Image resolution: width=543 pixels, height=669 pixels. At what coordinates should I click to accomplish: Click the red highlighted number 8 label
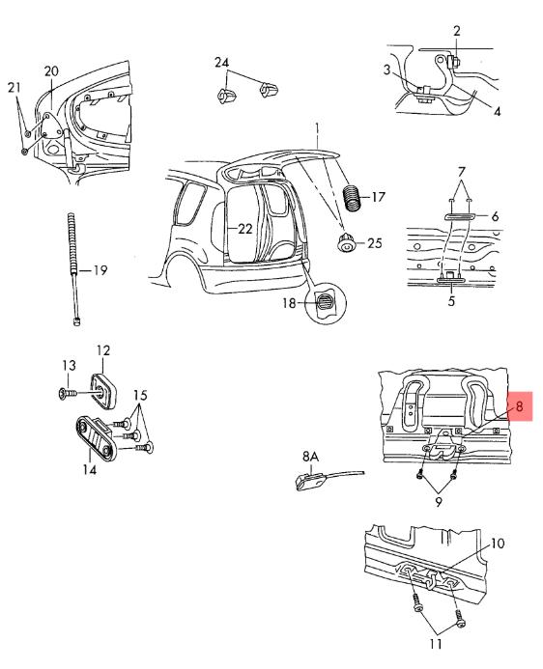[520, 405]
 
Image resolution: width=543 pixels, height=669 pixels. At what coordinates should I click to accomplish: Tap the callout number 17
[378, 197]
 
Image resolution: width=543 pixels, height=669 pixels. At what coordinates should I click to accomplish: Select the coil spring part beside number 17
[352, 198]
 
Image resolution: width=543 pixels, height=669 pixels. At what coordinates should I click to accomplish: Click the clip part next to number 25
[346, 242]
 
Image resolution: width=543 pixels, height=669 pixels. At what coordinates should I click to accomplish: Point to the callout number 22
[245, 229]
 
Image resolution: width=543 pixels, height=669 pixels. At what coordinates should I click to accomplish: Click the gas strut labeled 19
[73, 269]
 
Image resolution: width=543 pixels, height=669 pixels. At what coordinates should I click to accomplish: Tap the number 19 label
[100, 270]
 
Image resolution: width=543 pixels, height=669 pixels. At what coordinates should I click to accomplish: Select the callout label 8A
[311, 457]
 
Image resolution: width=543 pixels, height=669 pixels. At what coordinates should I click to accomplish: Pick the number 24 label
[221, 63]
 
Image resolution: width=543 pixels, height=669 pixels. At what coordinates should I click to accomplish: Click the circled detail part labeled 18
[327, 303]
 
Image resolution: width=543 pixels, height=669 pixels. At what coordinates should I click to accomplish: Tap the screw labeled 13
[68, 393]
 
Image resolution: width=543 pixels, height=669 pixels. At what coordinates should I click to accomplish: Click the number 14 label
[90, 469]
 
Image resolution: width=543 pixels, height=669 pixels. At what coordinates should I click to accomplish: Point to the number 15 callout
[140, 395]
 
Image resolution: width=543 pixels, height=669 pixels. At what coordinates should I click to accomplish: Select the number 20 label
[51, 71]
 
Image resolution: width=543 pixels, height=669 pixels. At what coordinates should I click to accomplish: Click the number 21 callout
[14, 88]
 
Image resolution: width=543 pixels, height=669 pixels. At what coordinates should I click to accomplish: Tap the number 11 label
[435, 643]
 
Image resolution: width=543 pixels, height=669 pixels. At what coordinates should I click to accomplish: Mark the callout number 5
[451, 301]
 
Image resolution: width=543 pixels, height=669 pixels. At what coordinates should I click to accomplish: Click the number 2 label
[457, 31]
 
